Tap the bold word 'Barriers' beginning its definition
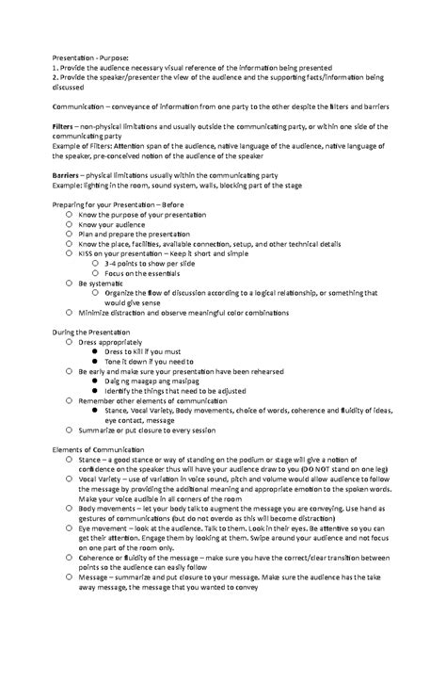tap(68, 175)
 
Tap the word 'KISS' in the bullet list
tap(88, 253)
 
